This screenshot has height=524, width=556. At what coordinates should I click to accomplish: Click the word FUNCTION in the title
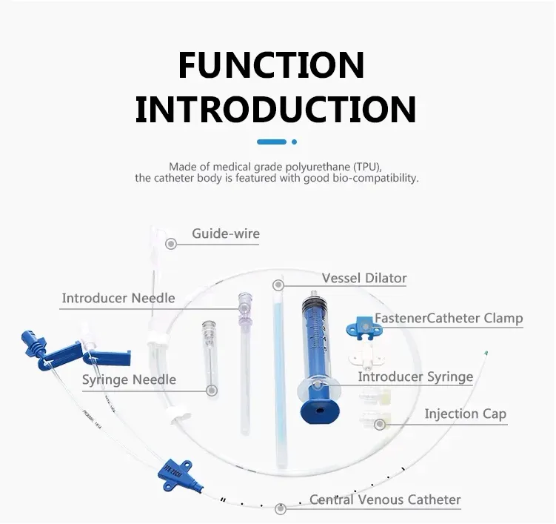(x=271, y=65)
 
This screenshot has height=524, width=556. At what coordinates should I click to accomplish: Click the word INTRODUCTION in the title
(x=276, y=109)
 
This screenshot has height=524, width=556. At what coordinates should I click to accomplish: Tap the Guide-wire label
(x=226, y=233)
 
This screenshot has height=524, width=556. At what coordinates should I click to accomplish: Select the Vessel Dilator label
(x=364, y=278)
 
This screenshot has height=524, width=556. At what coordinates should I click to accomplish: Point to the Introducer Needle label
(x=118, y=298)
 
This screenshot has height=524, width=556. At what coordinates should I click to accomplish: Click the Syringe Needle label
(x=129, y=379)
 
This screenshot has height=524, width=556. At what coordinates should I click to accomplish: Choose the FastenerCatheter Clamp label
(x=449, y=318)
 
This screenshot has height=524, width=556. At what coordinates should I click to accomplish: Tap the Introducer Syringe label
(x=415, y=377)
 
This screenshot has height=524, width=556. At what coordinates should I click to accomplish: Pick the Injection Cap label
(x=466, y=414)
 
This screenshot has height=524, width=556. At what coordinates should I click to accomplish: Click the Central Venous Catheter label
(x=385, y=500)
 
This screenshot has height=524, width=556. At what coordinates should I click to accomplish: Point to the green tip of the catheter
(x=486, y=354)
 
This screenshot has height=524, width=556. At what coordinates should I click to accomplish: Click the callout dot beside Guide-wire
(x=171, y=244)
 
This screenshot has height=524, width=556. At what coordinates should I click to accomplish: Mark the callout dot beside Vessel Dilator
(x=278, y=285)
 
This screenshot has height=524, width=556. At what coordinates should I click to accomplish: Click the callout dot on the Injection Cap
(x=380, y=424)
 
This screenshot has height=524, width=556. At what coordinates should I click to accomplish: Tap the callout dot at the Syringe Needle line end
(x=212, y=391)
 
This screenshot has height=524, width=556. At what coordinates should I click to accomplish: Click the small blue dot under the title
(x=294, y=142)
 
